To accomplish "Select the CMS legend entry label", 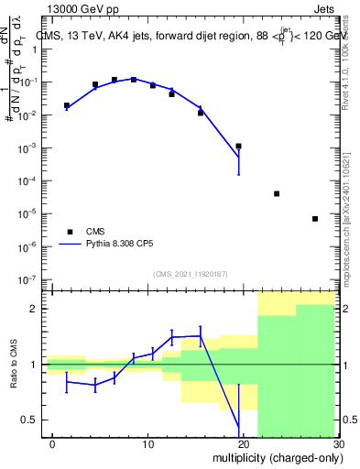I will point(96,232).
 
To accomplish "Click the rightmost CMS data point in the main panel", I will point(315,219).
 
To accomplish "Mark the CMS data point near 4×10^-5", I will point(277,193).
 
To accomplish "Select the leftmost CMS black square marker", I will point(67,106).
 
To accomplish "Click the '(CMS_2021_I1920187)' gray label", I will point(190,273).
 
